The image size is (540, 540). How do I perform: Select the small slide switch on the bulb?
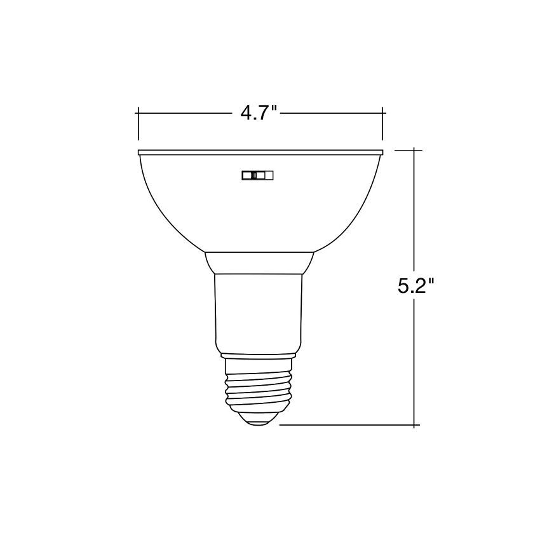257,176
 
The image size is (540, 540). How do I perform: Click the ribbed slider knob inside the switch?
254,176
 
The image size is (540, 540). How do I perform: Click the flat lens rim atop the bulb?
260,152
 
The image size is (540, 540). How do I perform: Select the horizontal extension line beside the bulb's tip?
343,425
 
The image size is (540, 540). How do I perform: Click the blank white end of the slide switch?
267,176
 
